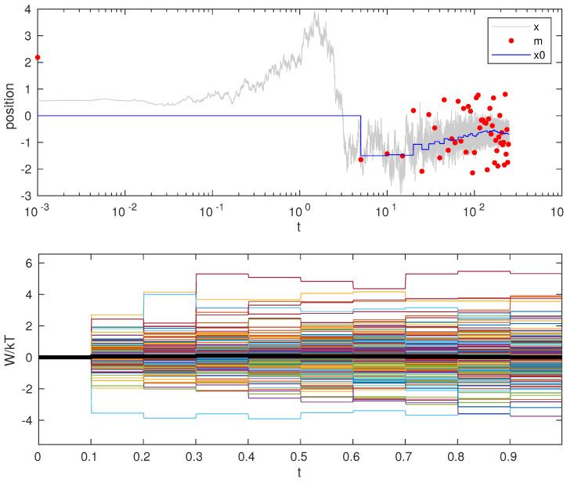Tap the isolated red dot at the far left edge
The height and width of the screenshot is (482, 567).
click(38, 57)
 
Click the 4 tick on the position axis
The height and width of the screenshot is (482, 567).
click(28, 9)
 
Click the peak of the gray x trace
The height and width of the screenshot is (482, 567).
click(315, 13)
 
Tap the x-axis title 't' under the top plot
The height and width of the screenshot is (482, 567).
click(299, 227)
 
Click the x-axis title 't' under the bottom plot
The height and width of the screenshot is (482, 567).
click(299, 472)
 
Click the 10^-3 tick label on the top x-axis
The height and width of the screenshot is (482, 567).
click(37, 210)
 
